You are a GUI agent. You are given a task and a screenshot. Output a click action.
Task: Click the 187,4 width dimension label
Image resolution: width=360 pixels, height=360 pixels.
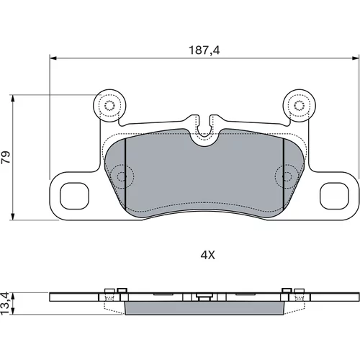204,50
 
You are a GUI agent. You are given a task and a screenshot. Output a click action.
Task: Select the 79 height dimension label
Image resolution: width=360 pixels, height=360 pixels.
6,157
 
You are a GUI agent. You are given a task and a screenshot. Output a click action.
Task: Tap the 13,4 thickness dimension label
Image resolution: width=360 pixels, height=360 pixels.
5,303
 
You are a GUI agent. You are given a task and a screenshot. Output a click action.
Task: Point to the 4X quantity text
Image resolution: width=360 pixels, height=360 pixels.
208,256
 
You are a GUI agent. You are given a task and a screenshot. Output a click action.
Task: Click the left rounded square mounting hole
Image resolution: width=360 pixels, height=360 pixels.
74,196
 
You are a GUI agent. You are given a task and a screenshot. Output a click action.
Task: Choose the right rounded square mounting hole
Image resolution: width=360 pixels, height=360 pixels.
335,196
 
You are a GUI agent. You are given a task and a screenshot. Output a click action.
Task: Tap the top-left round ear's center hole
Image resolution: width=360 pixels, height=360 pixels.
109,105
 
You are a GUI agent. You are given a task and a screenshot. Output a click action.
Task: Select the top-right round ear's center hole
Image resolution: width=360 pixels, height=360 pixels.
299,105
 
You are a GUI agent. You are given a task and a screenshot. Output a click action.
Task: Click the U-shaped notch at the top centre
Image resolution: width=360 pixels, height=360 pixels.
204,127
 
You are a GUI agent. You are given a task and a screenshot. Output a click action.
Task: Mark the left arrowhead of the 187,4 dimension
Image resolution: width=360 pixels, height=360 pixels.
53,58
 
